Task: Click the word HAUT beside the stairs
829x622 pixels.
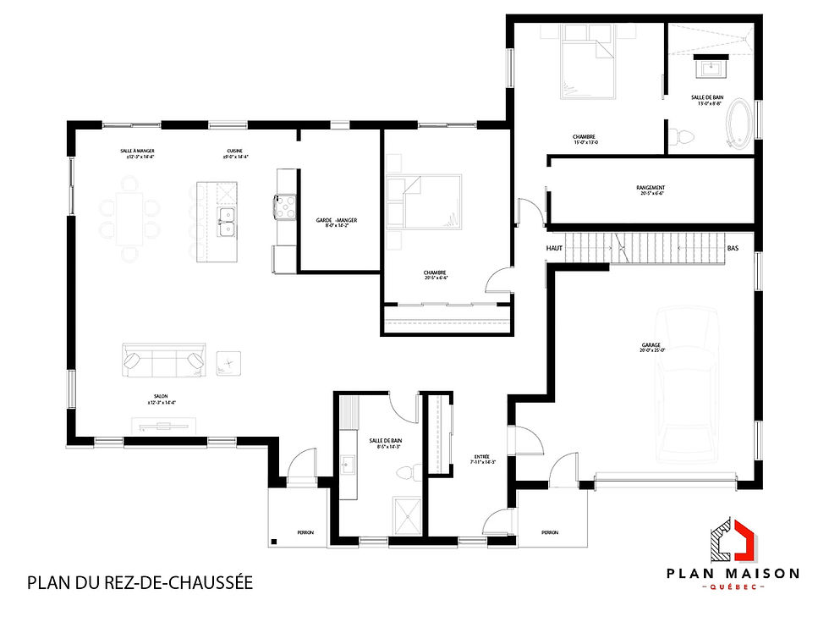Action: pyautogui.click(x=555, y=249)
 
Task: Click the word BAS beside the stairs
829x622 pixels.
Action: pyautogui.click(x=733, y=249)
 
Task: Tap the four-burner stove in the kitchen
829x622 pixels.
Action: pyautogui.click(x=285, y=207)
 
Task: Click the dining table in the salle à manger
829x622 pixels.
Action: pyautogui.click(x=130, y=218)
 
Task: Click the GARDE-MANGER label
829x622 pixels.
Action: pyautogui.click(x=337, y=222)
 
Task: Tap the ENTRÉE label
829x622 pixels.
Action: pyautogui.click(x=481, y=459)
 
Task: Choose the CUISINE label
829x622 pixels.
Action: pyautogui.click(x=235, y=153)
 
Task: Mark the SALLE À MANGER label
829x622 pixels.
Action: pyautogui.click(x=136, y=153)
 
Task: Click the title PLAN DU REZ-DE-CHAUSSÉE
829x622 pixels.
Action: pyautogui.click(x=140, y=583)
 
